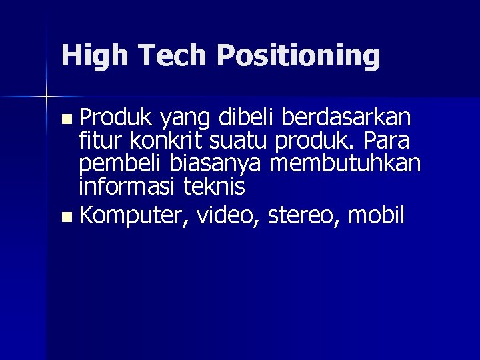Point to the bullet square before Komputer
(x=65, y=217)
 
